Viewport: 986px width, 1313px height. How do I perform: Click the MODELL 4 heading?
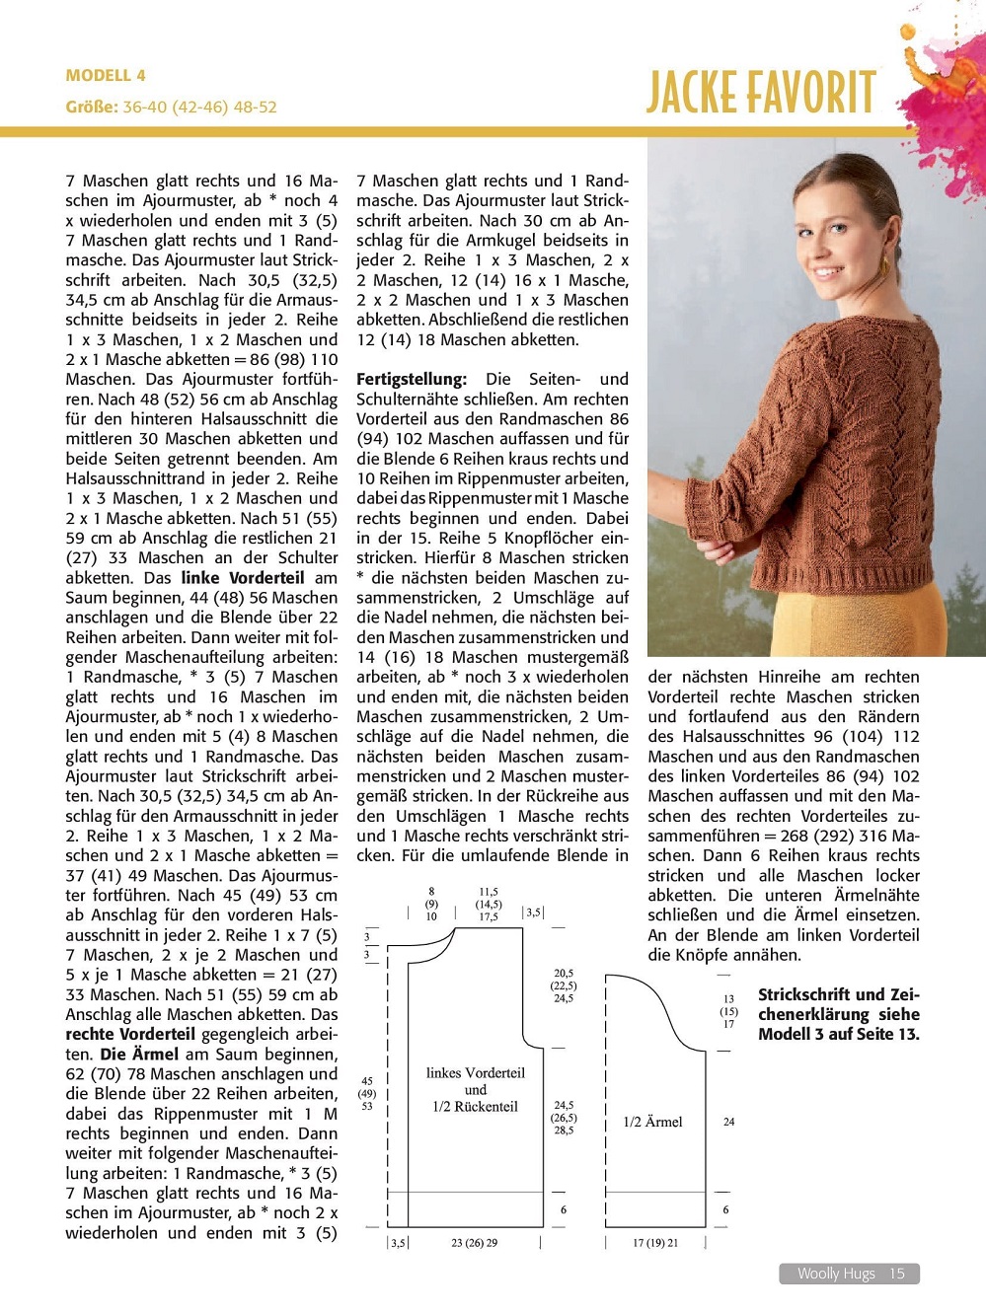[x=106, y=75]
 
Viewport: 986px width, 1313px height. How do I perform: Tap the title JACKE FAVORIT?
[x=761, y=94]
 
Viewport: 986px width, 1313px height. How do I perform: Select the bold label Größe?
[x=92, y=107]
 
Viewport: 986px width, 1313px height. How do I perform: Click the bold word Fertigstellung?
[x=411, y=379]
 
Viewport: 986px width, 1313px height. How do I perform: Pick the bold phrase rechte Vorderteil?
[x=130, y=1034]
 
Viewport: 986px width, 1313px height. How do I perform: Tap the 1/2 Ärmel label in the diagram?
[x=652, y=1122]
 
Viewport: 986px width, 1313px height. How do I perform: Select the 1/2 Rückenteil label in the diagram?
[x=475, y=1106]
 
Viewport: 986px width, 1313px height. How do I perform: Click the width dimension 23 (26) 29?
[x=474, y=1243]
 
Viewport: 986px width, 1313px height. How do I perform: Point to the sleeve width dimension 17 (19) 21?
[x=655, y=1243]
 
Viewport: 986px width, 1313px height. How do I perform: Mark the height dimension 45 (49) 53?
[x=367, y=1093]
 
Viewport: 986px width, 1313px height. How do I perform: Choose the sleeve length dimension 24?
[x=728, y=1122]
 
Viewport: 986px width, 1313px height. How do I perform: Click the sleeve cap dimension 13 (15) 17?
[x=728, y=1011]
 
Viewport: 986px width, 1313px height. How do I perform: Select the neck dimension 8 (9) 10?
[x=431, y=904]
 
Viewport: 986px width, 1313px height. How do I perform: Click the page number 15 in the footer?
[x=896, y=1274]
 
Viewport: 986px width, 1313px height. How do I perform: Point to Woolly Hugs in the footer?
[x=836, y=1274]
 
